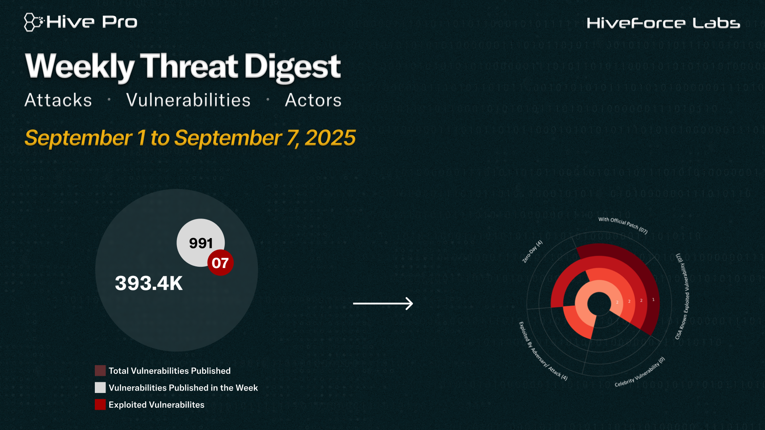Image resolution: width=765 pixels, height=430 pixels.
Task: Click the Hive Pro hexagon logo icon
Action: pos(33,22)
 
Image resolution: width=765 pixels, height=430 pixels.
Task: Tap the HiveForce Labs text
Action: pos(663,23)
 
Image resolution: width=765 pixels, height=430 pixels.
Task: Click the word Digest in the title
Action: pos(292,67)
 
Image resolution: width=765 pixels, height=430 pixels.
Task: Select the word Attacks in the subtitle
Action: pos(58,100)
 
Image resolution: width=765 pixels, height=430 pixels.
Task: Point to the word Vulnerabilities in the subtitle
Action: pos(188,100)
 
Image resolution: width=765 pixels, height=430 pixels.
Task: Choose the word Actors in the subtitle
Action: pos(313,100)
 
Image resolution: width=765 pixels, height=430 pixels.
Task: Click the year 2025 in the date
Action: pos(330,138)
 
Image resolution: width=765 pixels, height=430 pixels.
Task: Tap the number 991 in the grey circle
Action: pos(201,243)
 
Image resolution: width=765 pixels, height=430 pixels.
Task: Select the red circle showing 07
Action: pos(220,263)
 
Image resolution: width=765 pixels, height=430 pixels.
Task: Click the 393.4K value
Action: pos(149,283)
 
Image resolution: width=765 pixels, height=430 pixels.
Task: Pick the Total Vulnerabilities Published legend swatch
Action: pos(100,371)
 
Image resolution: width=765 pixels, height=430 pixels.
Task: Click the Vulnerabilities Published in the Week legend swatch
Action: pos(100,387)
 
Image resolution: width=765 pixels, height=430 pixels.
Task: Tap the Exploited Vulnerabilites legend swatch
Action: pos(100,405)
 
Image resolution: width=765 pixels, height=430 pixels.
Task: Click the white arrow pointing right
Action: pos(383,303)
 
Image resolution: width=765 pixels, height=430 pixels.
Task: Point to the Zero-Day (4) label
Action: pos(532,251)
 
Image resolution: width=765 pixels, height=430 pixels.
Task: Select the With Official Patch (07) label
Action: pos(623,225)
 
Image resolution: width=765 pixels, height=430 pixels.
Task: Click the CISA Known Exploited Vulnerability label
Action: pos(682,296)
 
